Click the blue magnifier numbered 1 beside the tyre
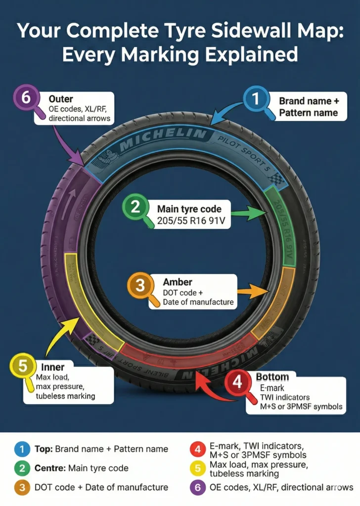(256, 99)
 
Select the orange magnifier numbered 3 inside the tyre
(140, 286)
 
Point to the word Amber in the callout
(178, 282)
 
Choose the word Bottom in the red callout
(272, 377)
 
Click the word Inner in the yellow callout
(53, 367)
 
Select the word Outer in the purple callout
(61, 99)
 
